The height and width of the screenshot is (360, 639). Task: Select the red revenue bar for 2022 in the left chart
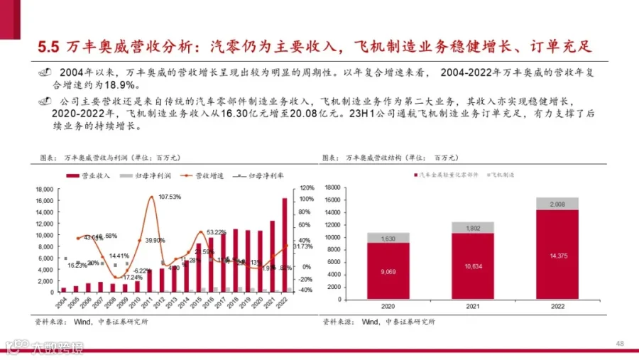click(x=285, y=245)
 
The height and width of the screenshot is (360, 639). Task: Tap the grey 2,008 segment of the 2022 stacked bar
click(x=557, y=204)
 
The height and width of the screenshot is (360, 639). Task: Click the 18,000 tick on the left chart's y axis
click(x=44, y=189)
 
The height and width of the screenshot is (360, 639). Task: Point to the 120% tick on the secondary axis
click(x=306, y=189)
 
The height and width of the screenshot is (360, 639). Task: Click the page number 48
click(x=619, y=344)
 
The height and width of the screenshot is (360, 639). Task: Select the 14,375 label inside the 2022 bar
click(x=557, y=255)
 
